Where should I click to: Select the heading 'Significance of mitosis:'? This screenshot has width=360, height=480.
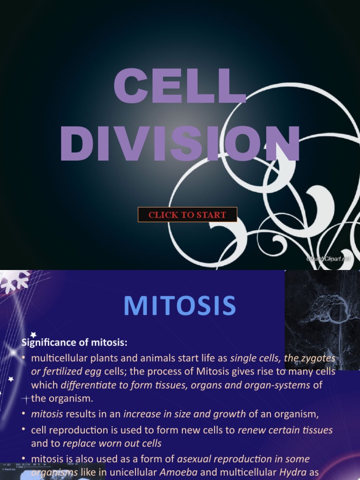click(75, 343)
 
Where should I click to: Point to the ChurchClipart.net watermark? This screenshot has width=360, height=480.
click(328, 259)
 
